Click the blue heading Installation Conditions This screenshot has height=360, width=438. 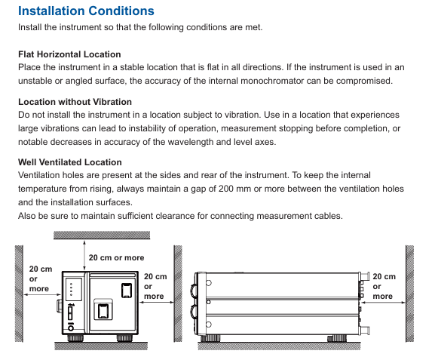(x=86, y=11)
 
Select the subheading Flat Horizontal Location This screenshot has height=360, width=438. (x=69, y=54)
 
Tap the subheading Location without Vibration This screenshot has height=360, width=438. (x=75, y=102)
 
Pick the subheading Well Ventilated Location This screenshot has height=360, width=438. (x=70, y=162)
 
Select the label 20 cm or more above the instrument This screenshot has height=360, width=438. (x=116, y=257)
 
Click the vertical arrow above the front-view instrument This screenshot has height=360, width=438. (x=84, y=256)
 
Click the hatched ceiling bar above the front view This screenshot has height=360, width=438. (x=102, y=235)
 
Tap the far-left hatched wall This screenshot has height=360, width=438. (x=19, y=294)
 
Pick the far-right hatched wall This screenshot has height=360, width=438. (x=409, y=294)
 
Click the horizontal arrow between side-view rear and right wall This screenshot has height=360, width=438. (x=383, y=303)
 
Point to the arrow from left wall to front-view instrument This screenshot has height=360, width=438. (x=42, y=294)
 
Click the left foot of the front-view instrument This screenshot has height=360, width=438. (x=75, y=338)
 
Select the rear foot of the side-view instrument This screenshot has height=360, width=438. (x=337, y=338)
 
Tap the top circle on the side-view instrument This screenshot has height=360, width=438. (x=208, y=283)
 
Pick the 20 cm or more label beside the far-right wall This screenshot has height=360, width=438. (x=384, y=287)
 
